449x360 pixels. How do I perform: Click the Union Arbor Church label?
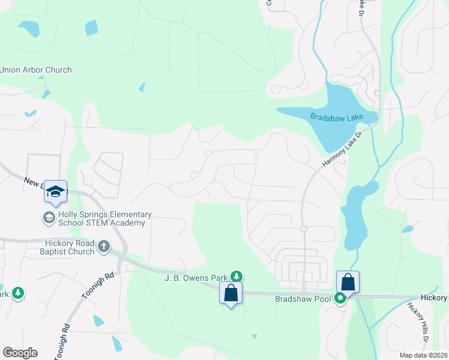(36, 70)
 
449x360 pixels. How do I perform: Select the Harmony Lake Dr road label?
(343, 149)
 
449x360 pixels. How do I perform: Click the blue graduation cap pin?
(55, 192)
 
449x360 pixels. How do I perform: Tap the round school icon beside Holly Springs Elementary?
(48, 218)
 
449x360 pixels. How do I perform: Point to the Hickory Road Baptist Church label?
(70, 247)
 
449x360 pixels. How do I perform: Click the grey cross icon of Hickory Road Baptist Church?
(104, 246)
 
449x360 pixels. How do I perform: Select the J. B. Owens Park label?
(196, 278)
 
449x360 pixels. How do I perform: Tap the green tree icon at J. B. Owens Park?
(237, 277)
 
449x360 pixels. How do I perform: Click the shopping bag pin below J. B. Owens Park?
(231, 293)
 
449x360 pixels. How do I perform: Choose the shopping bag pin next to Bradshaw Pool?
(348, 281)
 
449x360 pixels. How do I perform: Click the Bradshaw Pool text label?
(303, 298)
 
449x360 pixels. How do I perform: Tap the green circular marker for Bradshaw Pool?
(340, 298)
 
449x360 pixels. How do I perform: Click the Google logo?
(20, 353)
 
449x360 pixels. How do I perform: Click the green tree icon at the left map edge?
(18, 293)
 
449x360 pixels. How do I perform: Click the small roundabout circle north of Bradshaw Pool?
(304, 229)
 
